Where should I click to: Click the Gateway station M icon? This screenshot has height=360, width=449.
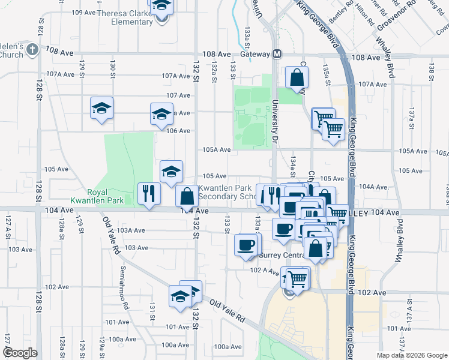tap(278, 54)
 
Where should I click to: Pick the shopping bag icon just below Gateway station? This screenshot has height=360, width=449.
tap(297, 77)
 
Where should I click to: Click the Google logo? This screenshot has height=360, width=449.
tap(20, 353)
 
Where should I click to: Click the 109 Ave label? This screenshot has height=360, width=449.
tap(83, 13)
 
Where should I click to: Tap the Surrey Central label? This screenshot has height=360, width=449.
tap(282, 254)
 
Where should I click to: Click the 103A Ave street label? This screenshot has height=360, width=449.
tap(131, 230)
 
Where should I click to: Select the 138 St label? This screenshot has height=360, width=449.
tap(431, 70)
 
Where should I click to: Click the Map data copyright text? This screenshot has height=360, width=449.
tap(411, 355)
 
